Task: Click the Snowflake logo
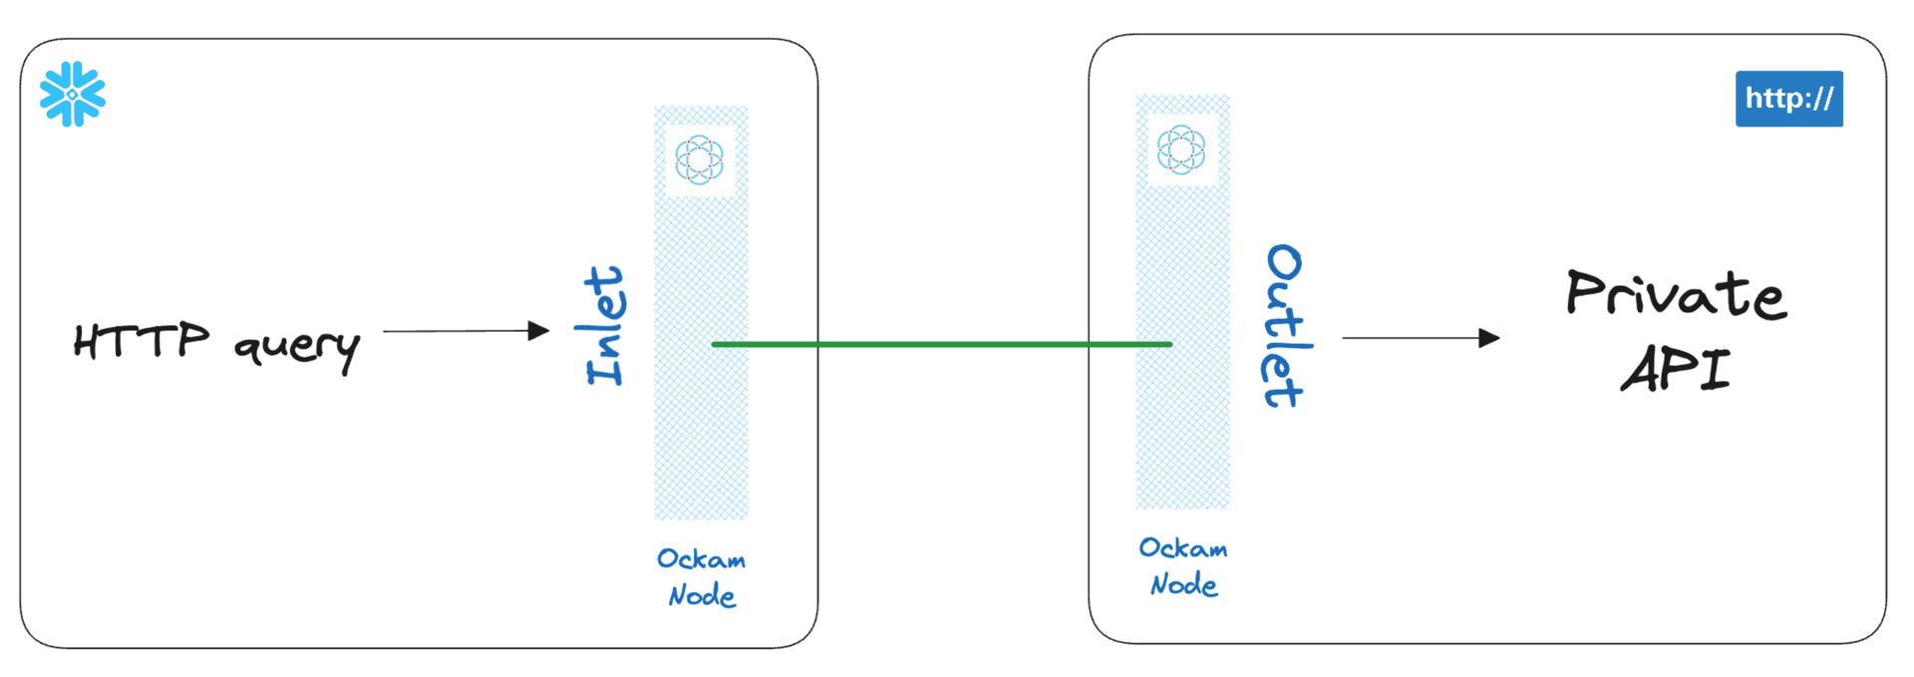tap(73, 95)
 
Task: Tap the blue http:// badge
tap(1788, 99)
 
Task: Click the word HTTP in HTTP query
tap(142, 341)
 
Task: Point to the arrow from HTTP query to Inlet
tap(465, 331)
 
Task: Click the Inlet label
tap(605, 326)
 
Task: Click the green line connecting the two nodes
tap(942, 344)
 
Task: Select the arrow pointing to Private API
tap(1420, 338)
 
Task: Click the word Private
tap(1676, 294)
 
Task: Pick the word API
tap(1676, 369)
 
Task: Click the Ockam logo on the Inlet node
tap(700, 160)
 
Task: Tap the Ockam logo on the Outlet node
tap(1181, 150)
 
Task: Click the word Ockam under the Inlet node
tap(701, 559)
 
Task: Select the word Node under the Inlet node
tap(702, 596)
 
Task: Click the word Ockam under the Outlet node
tap(1183, 548)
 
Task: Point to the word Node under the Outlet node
tap(1183, 584)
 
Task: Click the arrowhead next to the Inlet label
tap(539, 331)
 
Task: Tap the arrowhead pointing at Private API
tap(1489, 338)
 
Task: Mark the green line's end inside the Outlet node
tap(1169, 344)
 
